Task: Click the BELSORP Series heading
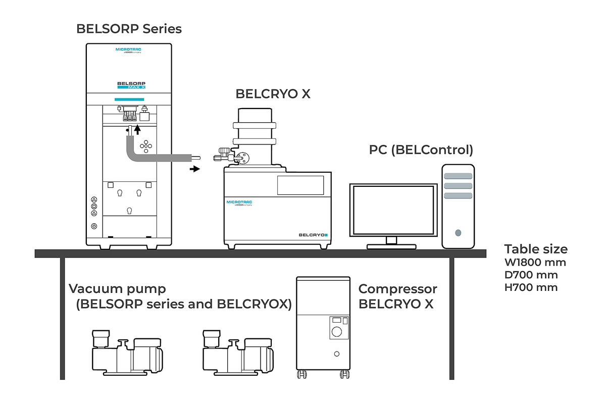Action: click(129, 28)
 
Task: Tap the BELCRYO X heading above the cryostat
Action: click(273, 94)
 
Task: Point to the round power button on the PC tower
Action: click(458, 233)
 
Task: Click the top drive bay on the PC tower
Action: click(458, 176)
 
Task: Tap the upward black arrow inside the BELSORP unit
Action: click(136, 130)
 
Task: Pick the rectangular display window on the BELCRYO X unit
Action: click(300, 185)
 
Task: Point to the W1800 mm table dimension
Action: click(535, 263)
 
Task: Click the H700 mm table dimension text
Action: click(531, 288)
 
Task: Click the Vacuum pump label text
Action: click(117, 289)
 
